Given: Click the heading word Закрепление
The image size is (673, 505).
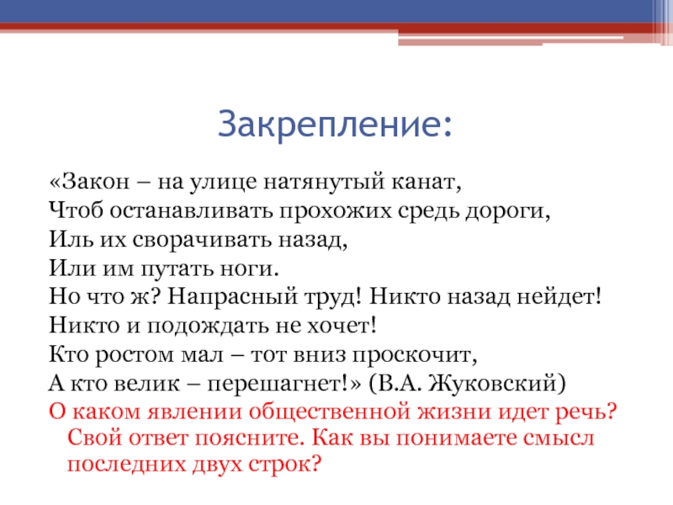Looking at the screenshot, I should pyautogui.click(x=335, y=124).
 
